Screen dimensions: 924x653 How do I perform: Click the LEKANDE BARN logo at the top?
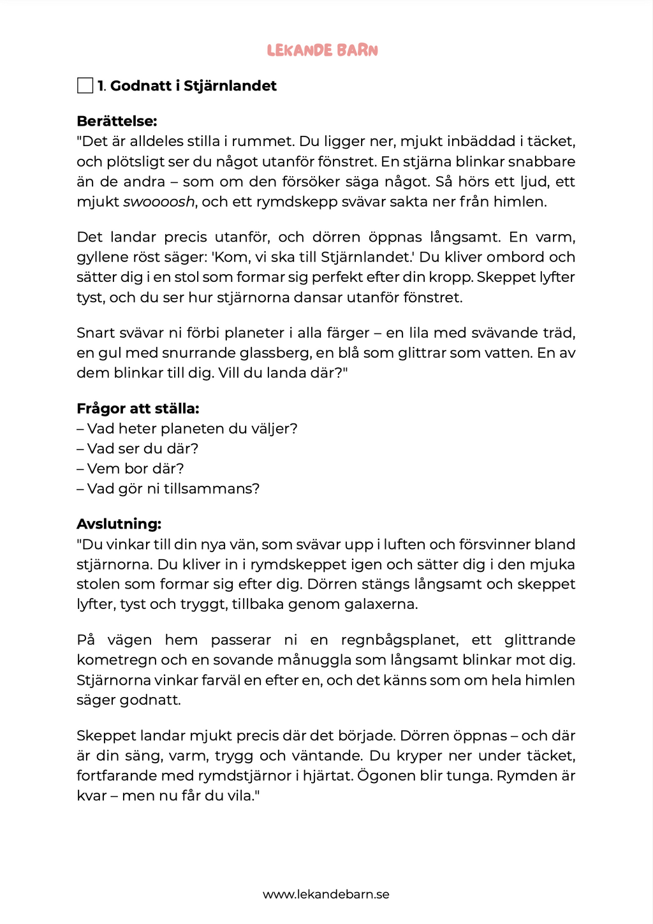[323, 50]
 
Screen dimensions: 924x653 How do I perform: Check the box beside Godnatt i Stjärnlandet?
[85, 85]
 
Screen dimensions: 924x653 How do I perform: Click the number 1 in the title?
[101, 86]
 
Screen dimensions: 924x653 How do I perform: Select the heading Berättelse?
[117, 121]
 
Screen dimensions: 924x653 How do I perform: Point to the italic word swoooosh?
[159, 202]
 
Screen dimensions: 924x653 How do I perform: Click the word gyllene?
[101, 258]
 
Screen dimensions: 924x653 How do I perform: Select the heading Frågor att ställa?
[138, 409]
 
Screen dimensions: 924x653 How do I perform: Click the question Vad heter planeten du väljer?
[187, 429]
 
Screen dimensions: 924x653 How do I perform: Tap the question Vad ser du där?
[138, 449]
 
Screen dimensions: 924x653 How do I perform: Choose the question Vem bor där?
[130, 469]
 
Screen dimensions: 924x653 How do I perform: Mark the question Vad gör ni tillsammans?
[168, 489]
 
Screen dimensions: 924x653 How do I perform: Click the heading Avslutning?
[119, 524]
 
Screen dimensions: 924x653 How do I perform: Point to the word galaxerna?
[379, 605]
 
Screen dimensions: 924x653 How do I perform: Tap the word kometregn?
[115, 660]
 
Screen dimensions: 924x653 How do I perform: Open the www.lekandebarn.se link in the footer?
[326, 895]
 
